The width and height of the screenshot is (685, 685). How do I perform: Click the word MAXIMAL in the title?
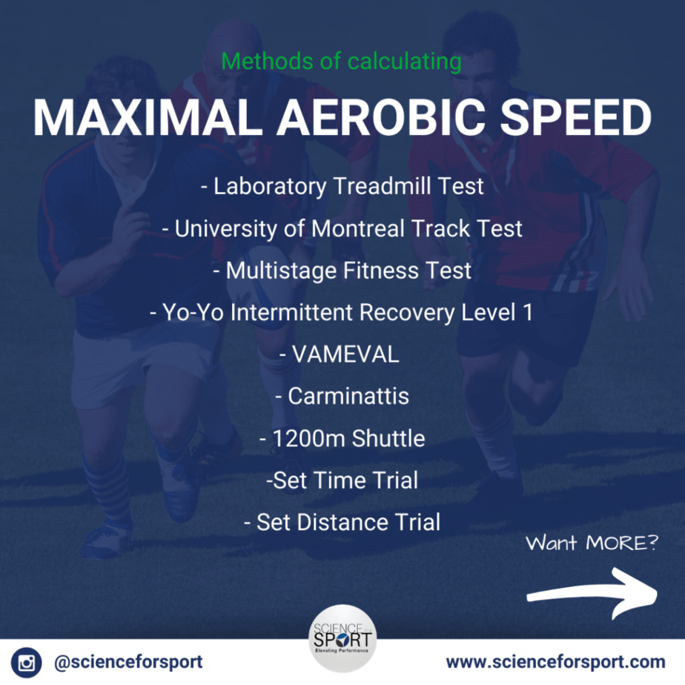(x=148, y=118)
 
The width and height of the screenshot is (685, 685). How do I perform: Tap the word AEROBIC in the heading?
(x=381, y=118)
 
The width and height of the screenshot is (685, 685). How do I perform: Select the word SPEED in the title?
(x=576, y=118)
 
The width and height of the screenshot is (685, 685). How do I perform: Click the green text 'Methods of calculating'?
(x=341, y=61)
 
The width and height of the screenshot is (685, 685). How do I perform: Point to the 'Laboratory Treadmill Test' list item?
(x=342, y=187)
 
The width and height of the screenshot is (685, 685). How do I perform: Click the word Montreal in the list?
(x=358, y=228)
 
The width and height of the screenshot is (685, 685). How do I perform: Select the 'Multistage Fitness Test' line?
(x=342, y=271)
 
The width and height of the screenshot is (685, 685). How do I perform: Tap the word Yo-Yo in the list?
(x=193, y=312)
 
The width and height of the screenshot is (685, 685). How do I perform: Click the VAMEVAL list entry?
(x=339, y=354)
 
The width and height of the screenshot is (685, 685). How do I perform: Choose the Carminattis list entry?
(x=342, y=396)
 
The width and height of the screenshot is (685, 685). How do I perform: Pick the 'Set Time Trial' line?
(x=342, y=480)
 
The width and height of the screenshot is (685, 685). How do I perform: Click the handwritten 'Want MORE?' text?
(x=592, y=543)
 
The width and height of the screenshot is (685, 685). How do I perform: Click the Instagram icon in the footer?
(x=26, y=662)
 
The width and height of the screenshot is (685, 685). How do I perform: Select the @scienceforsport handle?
(x=128, y=662)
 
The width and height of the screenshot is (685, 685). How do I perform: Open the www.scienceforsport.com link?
(x=556, y=662)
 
